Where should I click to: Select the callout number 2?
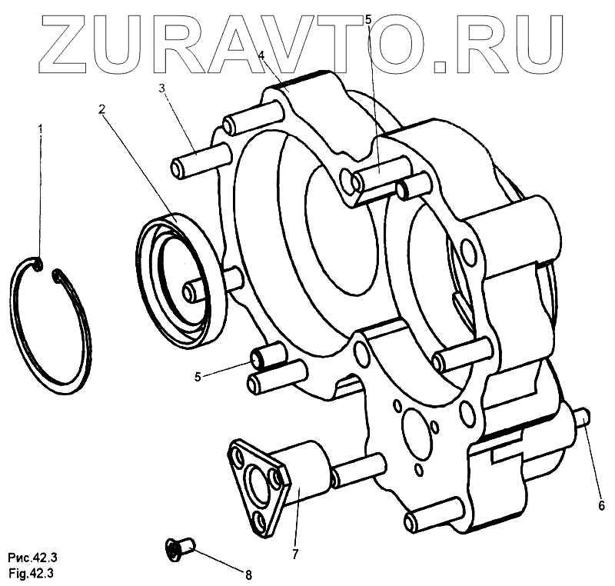click(x=101, y=108)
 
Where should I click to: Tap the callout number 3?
click(x=162, y=88)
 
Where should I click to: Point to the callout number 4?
click(x=261, y=55)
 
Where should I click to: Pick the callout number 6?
click(x=602, y=505)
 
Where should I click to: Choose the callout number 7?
click(x=294, y=553)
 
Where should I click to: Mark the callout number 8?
click(x=248, y=574)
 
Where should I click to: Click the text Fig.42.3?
click(x=30, y=573)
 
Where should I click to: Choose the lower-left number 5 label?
click(x=198, y=377)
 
